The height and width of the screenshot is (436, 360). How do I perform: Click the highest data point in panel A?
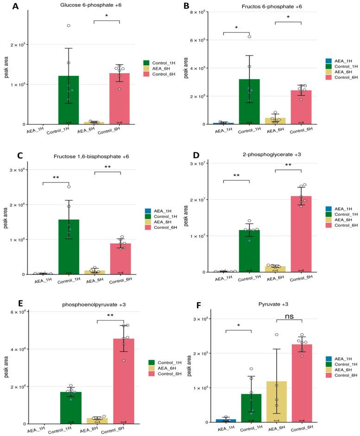(x=68, y=25)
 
